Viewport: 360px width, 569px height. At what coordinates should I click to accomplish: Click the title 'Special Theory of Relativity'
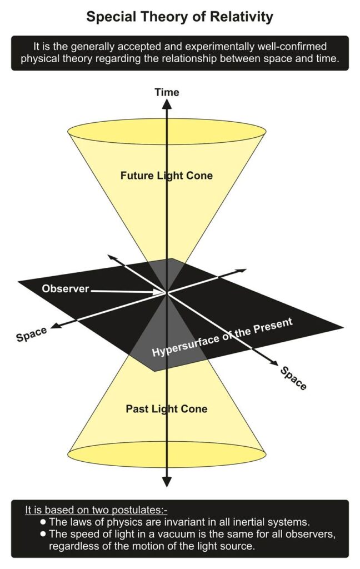180,17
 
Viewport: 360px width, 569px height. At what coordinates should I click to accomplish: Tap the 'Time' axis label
167,92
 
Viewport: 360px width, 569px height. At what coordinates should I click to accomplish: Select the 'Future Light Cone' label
167,176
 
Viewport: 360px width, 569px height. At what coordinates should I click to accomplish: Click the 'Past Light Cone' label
167,409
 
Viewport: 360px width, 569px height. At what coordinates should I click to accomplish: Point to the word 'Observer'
66,289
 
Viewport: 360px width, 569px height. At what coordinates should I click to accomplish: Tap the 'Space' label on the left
32,335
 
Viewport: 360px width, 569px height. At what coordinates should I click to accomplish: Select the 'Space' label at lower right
293,378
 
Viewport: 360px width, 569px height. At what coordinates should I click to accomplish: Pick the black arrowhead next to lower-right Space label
273,363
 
